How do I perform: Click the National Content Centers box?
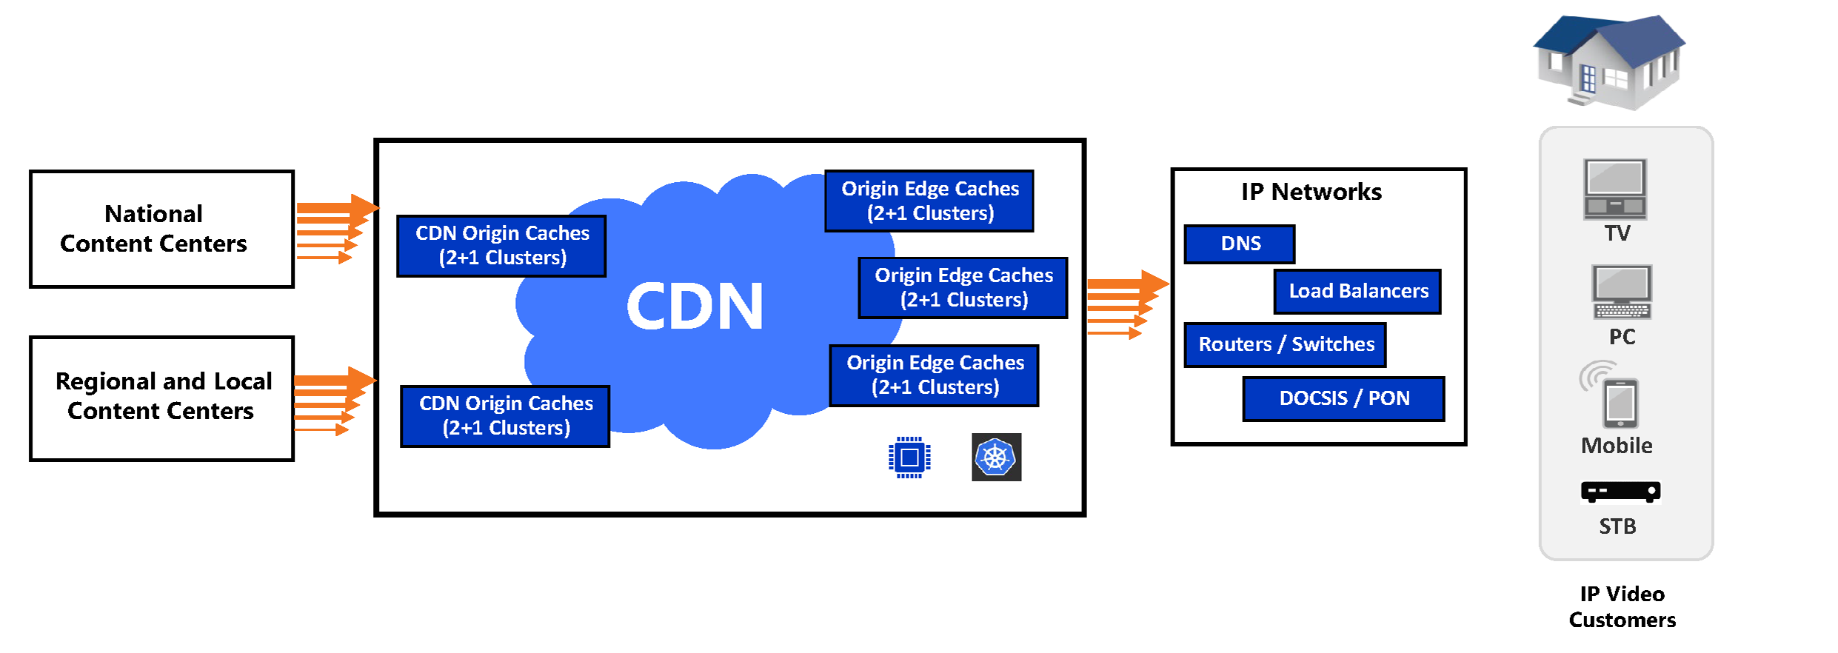coord(161,229)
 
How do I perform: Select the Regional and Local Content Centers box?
coord(161,398)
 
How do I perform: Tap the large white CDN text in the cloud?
coord(694,307)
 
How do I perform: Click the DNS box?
coord(1240,244)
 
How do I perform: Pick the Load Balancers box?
coord(1357,291)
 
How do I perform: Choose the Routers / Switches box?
coord(1286,344)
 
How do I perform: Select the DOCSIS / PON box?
coord(1343,398)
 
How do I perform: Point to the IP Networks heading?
coord(1311,192)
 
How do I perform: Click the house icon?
coord(1608,61)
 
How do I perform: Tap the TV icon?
coord(1615,189)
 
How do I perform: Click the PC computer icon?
coord(1622,292)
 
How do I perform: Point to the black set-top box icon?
coord(1620,492)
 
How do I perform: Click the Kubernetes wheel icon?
coord(996,458)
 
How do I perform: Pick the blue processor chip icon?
coord(909,458)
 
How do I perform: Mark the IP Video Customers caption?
coord(1622,606)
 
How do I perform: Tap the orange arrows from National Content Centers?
coord(333,229)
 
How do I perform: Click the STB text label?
coord(1617,526)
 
